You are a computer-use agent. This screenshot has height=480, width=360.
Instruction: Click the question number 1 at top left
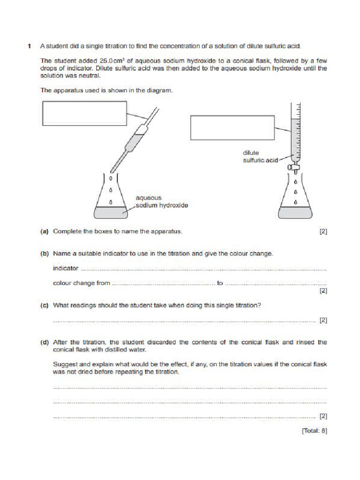[29, 46]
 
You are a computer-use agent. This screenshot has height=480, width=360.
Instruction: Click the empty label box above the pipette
[84, 114]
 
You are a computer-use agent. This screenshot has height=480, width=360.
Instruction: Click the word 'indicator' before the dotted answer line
[66, 269]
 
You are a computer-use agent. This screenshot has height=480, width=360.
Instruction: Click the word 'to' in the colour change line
[220, 283]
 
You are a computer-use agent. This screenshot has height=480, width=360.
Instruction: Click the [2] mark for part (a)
[323, 231]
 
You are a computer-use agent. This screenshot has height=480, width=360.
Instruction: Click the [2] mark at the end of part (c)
[323, 320]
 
